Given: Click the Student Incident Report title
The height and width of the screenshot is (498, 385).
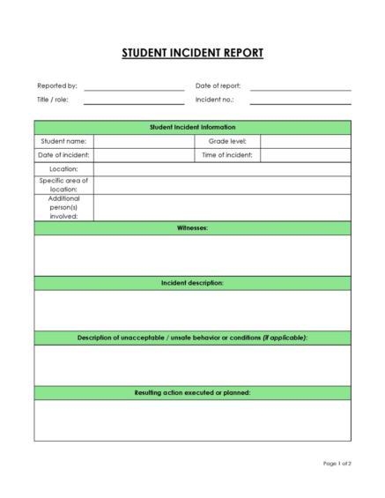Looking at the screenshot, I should tap(192, 54).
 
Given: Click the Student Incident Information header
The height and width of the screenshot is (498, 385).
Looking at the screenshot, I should tap(192, 127).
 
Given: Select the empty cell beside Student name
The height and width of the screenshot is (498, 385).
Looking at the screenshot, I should tap(143, 141).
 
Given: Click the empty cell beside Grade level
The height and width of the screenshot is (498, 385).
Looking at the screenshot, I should tap(305, 141).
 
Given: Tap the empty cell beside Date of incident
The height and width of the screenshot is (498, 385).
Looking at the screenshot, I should tap(143, 155).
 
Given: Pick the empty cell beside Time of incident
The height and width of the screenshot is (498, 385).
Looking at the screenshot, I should tap(305, 155).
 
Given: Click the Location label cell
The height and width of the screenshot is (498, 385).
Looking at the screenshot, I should tap(63, 169).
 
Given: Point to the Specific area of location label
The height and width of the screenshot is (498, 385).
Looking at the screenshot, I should tap(63, 184).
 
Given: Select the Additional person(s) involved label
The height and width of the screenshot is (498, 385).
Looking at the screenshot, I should tap(63, 207).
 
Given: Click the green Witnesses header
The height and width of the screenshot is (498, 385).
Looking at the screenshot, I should tap(192, 227).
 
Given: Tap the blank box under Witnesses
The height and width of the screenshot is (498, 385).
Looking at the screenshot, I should tap(192, 256).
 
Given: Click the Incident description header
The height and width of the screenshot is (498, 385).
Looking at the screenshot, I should tap(192, 283).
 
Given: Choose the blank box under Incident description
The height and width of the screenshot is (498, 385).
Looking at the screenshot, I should tap(192, 310).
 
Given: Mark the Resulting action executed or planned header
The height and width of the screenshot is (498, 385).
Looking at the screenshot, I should tap(192, 392).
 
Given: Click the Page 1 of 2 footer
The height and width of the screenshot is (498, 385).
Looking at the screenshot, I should tap(337, 464).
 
